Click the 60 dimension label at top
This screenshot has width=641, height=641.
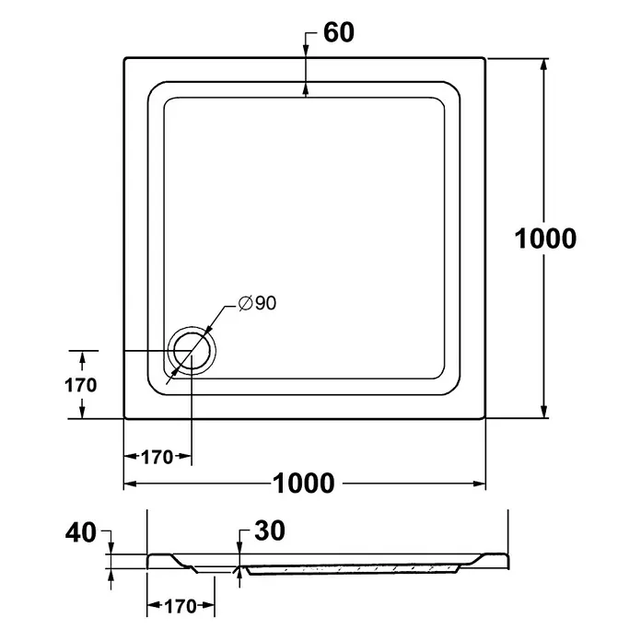coord(339,33)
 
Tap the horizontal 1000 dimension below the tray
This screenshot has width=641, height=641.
coord(304,484)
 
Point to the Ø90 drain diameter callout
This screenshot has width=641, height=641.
coord(258,303)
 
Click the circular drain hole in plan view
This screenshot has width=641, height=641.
coord(192,350)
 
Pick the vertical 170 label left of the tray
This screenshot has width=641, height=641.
coord(80,385)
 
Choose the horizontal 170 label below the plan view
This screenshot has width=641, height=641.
coord(157,457)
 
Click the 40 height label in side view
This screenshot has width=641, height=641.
coord(81,533)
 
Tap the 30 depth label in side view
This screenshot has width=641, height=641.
coord(270,530)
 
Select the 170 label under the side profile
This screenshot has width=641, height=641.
coord(181,606)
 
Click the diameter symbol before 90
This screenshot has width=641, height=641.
coord(245,303)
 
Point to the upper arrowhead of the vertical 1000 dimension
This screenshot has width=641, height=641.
coord(543,65)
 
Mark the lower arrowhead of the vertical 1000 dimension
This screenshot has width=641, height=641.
coord(543,412)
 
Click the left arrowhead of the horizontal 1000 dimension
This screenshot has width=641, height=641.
coord(130,484)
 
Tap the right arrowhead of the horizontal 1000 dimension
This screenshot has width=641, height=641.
coord(479,484)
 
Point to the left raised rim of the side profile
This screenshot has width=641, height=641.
coord(160,559)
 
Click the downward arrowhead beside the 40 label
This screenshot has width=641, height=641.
coord(111,548)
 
